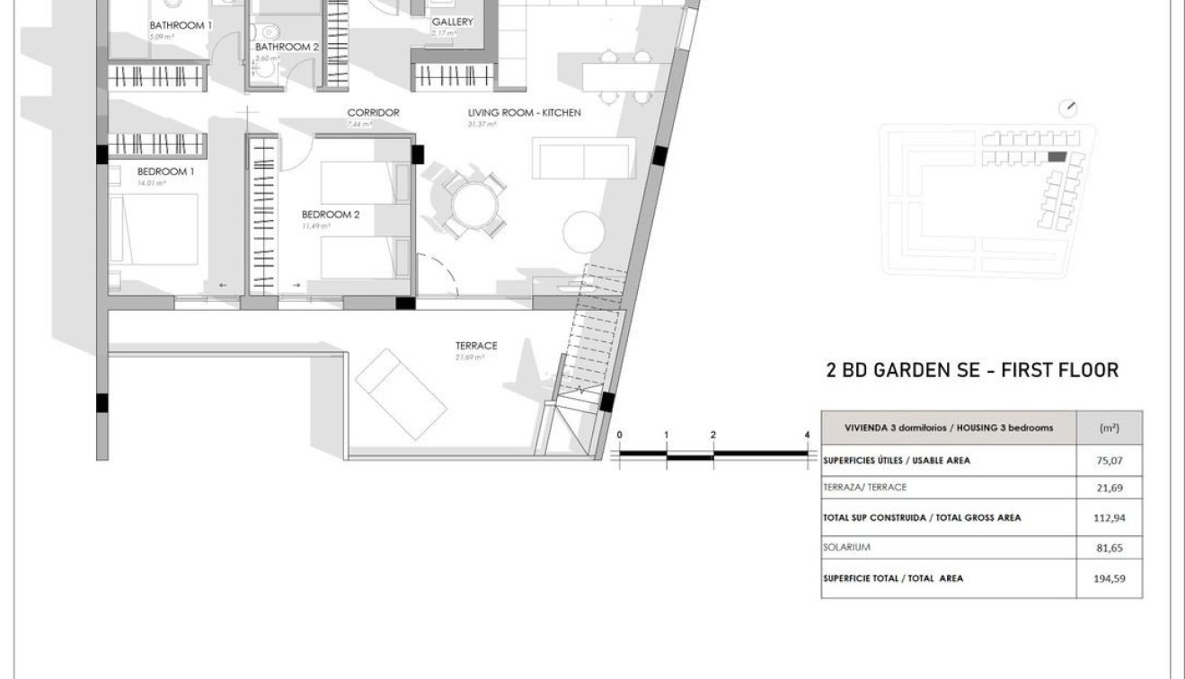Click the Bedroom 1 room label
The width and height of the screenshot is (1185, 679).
[x=165, y=172]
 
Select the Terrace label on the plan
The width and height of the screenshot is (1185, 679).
[x=476, y=346]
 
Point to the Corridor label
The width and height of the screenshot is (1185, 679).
[x=373, y=113]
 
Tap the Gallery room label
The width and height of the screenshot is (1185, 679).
[x=452, y=22]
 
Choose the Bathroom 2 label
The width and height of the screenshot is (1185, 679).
[x=287, y=47]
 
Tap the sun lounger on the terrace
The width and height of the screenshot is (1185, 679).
[x=402, y=392]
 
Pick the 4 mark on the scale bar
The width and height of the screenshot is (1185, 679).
[x=807, y=435]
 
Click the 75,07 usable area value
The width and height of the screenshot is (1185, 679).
[x=1110, y=461]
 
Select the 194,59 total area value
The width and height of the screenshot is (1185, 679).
[x=1110, y=578]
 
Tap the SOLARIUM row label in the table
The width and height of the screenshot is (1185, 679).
[x=846, y=547]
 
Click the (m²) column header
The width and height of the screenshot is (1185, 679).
[x=1109, y=428]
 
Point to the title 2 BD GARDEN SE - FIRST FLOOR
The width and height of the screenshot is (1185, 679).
[x=971, y=370]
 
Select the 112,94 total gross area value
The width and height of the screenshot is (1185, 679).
[x=1110, y=518]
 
